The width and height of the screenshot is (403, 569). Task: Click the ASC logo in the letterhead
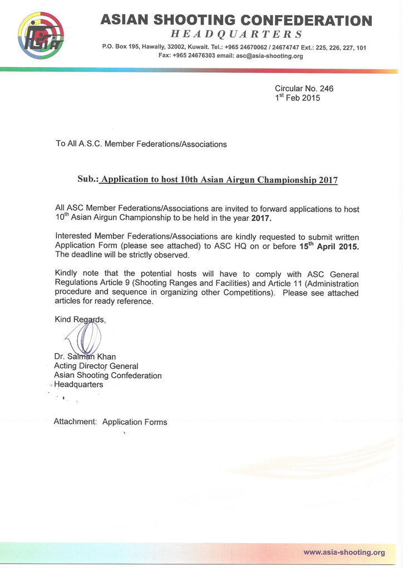point(41,35)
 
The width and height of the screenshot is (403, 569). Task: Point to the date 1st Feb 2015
point(297,98)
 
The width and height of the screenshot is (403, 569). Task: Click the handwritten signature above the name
point(83,337)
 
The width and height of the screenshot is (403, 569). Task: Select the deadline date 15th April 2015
point(329,245)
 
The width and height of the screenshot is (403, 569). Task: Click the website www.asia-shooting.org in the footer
point(344,552)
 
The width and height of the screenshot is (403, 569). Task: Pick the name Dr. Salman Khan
point(85,357)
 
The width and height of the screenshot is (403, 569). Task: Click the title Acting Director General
point(96,366)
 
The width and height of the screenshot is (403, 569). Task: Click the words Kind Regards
point(80,319)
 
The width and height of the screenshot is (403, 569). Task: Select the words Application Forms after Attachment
point(135,422)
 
